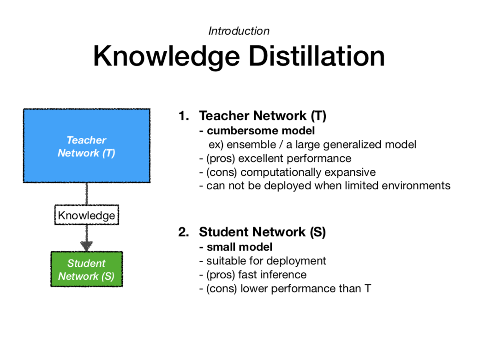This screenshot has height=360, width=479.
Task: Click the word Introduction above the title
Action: pos(239,31)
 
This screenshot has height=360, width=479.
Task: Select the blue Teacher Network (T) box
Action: pos(86,146)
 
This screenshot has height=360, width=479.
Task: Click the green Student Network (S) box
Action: pos(86,270)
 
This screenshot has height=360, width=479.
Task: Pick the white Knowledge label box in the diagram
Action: pos(86,216)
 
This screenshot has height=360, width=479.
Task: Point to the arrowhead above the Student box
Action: pos(86,246)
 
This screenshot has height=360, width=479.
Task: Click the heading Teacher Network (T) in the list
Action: pos(262,116)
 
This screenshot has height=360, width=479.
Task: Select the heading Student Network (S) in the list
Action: pos(262,232)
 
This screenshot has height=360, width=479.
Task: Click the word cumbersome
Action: pos(235,131)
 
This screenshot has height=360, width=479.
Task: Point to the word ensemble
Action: pos(250,144)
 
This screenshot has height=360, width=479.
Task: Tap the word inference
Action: pos(283,275)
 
